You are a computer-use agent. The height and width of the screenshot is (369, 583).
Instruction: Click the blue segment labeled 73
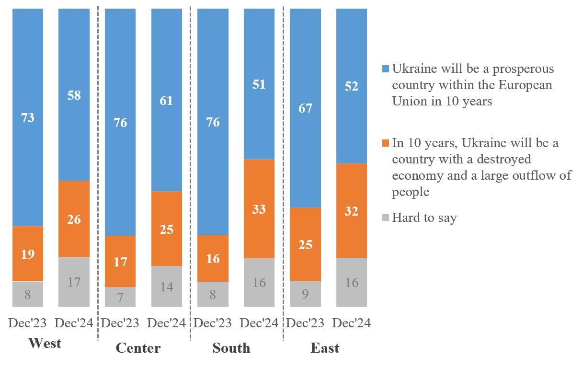28,117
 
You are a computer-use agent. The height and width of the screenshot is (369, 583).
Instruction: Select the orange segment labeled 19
28,254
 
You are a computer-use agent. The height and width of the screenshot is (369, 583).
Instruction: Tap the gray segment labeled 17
74,282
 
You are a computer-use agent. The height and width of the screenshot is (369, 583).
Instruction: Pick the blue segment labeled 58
74,95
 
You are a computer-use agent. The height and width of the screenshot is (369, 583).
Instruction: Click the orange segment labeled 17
120,261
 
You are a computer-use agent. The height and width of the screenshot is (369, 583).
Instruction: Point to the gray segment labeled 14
167,286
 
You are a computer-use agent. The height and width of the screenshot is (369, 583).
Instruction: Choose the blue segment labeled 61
167,100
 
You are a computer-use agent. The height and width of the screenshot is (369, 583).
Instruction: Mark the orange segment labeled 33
259,209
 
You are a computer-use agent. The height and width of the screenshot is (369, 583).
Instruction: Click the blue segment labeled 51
259,84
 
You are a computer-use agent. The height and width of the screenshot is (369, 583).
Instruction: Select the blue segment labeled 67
306,108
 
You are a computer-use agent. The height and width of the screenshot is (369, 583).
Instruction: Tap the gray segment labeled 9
306,294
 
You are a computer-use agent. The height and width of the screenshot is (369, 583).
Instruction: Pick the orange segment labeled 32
352,211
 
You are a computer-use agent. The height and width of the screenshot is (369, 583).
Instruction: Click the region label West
45,344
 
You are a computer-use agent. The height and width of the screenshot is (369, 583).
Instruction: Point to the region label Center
138,348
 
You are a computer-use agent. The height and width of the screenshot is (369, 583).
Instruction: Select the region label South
231,348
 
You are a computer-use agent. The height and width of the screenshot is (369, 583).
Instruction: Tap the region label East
325,348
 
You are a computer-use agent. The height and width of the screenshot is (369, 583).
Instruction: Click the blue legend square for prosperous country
386,69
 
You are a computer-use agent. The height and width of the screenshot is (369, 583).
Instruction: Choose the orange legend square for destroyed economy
386,143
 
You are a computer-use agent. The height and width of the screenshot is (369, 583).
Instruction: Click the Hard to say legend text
424,218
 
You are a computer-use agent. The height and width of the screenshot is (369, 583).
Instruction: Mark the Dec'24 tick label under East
352,323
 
